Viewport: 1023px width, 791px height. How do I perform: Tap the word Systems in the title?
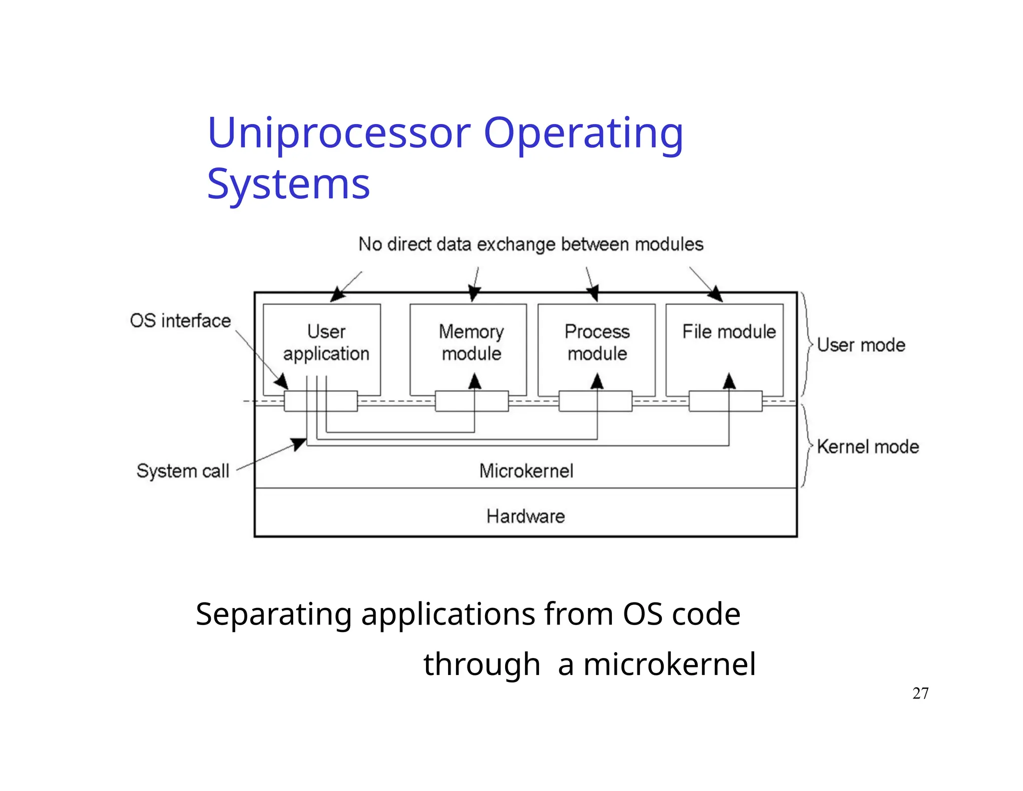pos(288,184)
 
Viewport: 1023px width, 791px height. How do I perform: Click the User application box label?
pos(326,342)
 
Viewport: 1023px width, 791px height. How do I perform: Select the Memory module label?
pos(471,342)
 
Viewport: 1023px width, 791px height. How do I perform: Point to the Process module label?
pos(597,342)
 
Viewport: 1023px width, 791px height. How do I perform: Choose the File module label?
pos(729,331)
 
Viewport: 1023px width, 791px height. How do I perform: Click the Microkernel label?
pos(526,470)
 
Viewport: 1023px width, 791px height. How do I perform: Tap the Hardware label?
pos(525,516)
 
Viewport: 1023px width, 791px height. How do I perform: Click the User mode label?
pos(861,345)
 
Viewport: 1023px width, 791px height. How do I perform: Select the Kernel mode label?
pos(868,446)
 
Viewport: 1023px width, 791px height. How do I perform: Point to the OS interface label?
pos(180,320)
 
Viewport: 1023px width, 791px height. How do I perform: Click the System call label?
pos(183,470)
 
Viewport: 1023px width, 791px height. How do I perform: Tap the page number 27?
pos(920,693)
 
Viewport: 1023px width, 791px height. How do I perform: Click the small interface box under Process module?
pos(595,401)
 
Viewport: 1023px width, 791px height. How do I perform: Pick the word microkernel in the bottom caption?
pos(669,664)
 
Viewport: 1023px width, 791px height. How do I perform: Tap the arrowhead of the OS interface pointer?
pos(282,382)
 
